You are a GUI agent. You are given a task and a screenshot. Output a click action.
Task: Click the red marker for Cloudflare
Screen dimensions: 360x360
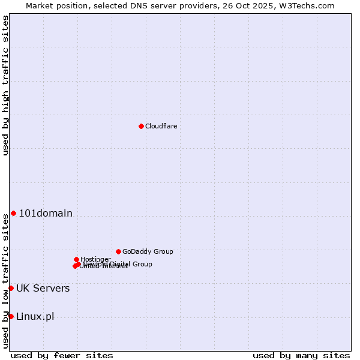pyautogui.click(x=141, y=126)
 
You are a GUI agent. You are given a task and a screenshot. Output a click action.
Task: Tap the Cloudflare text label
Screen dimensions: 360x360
pyautogui.click(x=161, y=126)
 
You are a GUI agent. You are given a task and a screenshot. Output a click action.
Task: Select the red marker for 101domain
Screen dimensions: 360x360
pyautogui.click(x=13, y=213)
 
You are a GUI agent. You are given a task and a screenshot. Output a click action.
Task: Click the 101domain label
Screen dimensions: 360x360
pyautogui.click(x=46, y=213)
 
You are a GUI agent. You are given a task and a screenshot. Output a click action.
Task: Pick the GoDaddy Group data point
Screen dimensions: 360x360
pyautogui.click(x=118, y=251)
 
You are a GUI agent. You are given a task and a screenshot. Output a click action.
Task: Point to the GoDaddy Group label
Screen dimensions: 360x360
pyautogui.click(x=148, y=251)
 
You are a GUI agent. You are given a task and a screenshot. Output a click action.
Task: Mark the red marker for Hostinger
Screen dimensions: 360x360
pyautogui.click(x=76, y=259)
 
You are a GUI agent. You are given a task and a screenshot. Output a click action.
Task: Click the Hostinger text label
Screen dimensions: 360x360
pyautogui.click(x=95, y=259)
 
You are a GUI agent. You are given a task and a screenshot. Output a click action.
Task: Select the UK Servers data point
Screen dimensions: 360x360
pyautogui.click(x=11, y=288)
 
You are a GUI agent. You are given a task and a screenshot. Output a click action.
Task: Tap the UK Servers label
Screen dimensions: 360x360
pyautogui.click(x=43, y=288)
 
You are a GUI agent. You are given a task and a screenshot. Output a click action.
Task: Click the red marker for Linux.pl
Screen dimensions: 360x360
pyautogui.click(x=11, y=316)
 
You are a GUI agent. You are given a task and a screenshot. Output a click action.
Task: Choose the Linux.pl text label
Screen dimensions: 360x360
pyautogui.click(x=35, y=316)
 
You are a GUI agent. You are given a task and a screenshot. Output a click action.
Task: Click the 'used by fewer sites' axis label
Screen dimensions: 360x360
pyautogui.click(x=62, y=355)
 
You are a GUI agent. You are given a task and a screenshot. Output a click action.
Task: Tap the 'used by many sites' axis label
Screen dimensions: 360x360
pyautogui.click(x=301, y=355)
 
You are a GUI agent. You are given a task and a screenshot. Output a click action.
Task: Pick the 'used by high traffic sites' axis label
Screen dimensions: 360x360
pyautogui.click(x=5, y=86)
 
